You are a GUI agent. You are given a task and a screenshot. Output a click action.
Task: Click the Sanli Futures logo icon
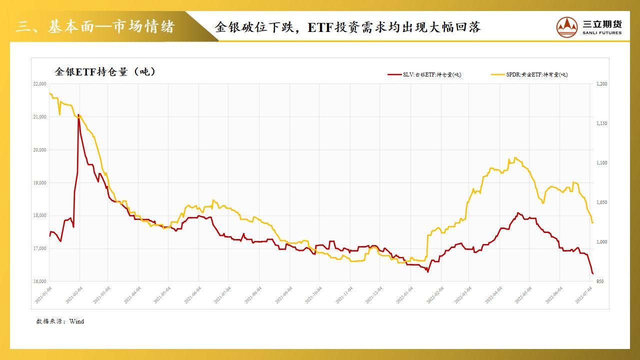pyautogui.click(x=567, y=26)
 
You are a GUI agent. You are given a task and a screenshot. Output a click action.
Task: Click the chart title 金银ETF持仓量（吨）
pyautogui.click(x=104, y=71)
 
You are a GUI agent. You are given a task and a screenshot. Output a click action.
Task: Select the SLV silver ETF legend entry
pyautogui.click(x=424, y=74)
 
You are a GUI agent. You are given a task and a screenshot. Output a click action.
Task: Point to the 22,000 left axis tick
pyautogui.click(x=39, y=84)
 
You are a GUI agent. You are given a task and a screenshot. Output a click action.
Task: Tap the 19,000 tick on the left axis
pyautogui.click(x=39, y=183)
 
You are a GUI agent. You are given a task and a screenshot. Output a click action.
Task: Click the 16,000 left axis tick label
pyautogui.click(x=39, y=281)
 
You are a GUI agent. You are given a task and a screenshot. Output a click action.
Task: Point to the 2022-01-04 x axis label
pyautogui.click(x=404, y=295)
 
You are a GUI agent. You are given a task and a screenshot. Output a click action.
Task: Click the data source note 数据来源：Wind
pyautogui.click(x=60, y=321)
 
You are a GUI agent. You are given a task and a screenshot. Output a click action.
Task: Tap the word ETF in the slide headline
pyautogui.click(x=320, y=27)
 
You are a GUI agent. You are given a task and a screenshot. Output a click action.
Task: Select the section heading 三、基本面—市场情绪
pyautogui.click(x=95, y=26)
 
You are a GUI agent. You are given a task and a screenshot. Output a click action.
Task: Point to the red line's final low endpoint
pyautogui.click(x=593, y=274)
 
